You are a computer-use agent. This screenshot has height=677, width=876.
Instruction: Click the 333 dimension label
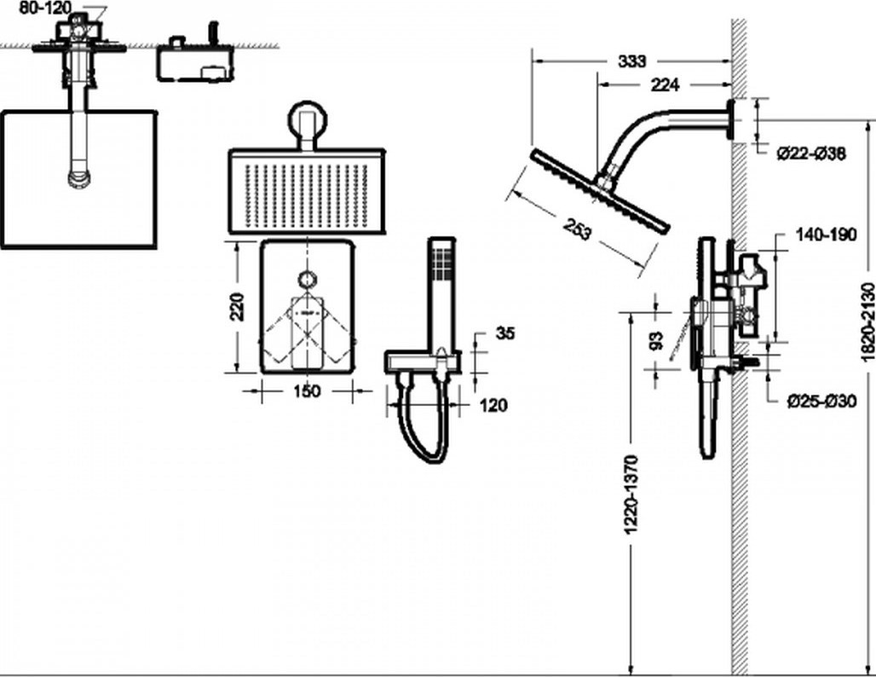pyautogui.click(x=631, y=61)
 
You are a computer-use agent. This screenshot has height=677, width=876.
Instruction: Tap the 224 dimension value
pyautogui.click(x=665, y=85)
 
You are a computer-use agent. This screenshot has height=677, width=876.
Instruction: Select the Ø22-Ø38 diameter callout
pyautogui.click(x=812, y=153)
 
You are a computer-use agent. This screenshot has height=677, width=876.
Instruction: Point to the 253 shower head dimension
pyautogui.click(x=577, y=229)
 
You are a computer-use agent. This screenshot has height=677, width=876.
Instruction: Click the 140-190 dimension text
pyautogui.click(x=826, y=234)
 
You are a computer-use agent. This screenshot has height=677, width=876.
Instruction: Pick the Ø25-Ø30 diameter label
pyautogui.click(x=821, y=401)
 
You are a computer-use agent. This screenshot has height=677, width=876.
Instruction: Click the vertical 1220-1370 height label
pyautogui.click(x=631, y=495)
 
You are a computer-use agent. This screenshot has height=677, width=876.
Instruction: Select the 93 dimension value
pyautogui.click(x=657, y=340)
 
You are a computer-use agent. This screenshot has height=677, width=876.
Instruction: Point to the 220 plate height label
pyautogui.click(x=238, y=306)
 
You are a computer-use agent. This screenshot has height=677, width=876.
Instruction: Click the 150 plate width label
pyautogui.click(x=308, y=391)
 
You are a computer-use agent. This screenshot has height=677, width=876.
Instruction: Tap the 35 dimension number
pyautogui.click(x=505, y=333)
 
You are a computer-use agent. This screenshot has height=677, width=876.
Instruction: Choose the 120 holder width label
pyautogui.click(x=493, y=405)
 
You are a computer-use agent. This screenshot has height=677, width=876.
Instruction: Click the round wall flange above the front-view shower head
pyautogui.click(x=308, y=119)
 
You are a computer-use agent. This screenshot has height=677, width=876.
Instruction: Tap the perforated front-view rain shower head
pyautogui.click(x=307, y=191)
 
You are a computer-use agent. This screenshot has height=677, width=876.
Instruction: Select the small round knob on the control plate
pyautogui.click(x=308, y=279)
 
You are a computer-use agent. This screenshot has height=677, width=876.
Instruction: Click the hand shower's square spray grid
pyautogui.click(x=442, y=262)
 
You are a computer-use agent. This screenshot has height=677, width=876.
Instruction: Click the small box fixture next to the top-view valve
pyautogui.click(x=195, y=61)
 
